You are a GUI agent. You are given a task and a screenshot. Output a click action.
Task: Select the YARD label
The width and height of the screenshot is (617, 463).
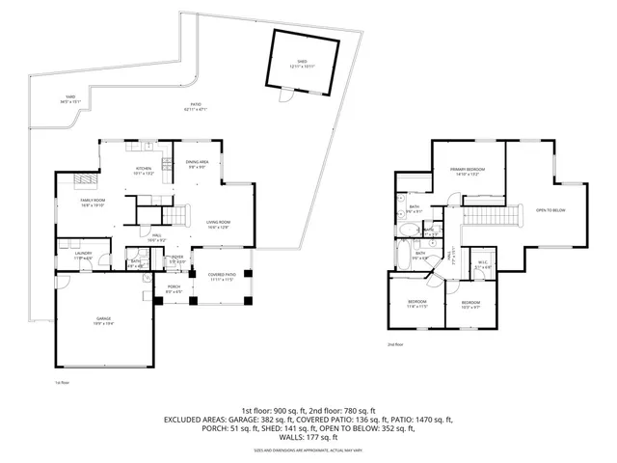pyautogui.click(x=69, y=98)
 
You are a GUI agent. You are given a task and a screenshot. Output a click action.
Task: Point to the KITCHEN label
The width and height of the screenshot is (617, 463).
pyautogui.click(x=144, y=171)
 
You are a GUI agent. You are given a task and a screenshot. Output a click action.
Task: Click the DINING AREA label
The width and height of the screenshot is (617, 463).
pyautogui.click(x=198, y=165)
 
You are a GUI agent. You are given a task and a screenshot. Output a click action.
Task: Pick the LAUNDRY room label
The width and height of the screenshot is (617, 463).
pyautogui.click(x=83, y=257)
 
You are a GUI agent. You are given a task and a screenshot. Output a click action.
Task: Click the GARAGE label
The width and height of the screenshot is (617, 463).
pyautogui.click(x=102, y=322)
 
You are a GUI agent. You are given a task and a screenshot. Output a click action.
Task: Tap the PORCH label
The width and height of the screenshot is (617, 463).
pyautogui.click(x=174, y=288)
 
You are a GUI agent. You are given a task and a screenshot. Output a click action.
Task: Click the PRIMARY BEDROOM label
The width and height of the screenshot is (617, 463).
pyautogui.click(x=467, y=172)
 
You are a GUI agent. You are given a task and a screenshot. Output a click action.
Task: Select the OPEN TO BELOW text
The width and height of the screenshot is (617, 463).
pyautogui.click(x=550, y=210)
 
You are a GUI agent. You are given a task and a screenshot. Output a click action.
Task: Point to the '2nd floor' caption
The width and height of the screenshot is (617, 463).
pyautogui.click(x=394, y=344)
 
